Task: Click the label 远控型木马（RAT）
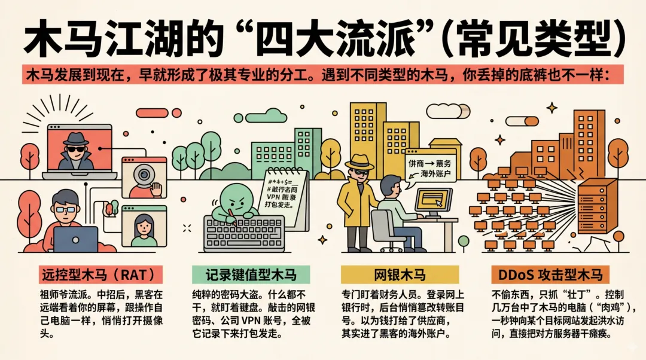101,274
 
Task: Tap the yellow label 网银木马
400,274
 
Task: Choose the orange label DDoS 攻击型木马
549,274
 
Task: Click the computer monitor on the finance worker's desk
434,202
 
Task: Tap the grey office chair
383,230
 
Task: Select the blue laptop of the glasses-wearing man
76,239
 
